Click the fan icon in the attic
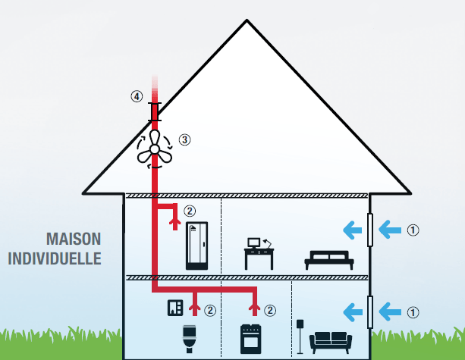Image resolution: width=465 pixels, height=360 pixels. tap(155, 148)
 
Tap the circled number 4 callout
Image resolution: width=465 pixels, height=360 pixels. tap(137, 96)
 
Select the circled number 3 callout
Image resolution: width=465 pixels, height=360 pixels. tap(184, 139)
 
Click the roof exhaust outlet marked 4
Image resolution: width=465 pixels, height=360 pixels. tap(155, 111)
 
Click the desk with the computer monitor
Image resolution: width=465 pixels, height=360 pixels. tap(259, 254)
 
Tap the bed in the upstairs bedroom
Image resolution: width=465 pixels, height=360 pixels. tap(328, 259)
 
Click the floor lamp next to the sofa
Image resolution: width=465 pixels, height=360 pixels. tap(301, 335)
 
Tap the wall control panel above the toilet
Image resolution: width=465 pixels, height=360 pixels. tap(174, 308)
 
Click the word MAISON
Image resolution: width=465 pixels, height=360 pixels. tap(73, 239)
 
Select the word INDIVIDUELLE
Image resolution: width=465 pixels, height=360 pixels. tap(55, 258)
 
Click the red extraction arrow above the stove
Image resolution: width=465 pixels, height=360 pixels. tap(254, 307)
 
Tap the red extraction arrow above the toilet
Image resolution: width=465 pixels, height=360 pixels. tap(194, 307)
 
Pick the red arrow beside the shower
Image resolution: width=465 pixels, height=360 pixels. tap(175, 221)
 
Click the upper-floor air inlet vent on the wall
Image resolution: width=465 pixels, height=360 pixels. tap(370, 229)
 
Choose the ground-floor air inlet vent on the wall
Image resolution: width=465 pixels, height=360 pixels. tap(370, 311)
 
